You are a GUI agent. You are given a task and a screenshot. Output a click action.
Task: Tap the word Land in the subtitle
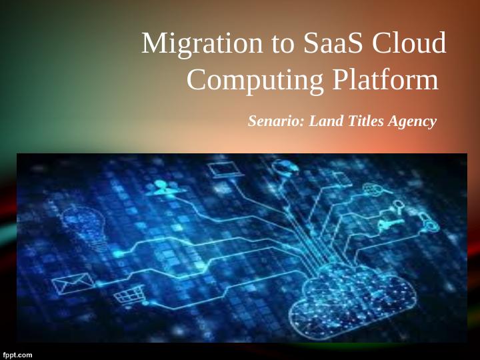click(x=325, y=121)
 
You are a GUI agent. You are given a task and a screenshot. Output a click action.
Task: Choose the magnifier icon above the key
click(x=399, y=205)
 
